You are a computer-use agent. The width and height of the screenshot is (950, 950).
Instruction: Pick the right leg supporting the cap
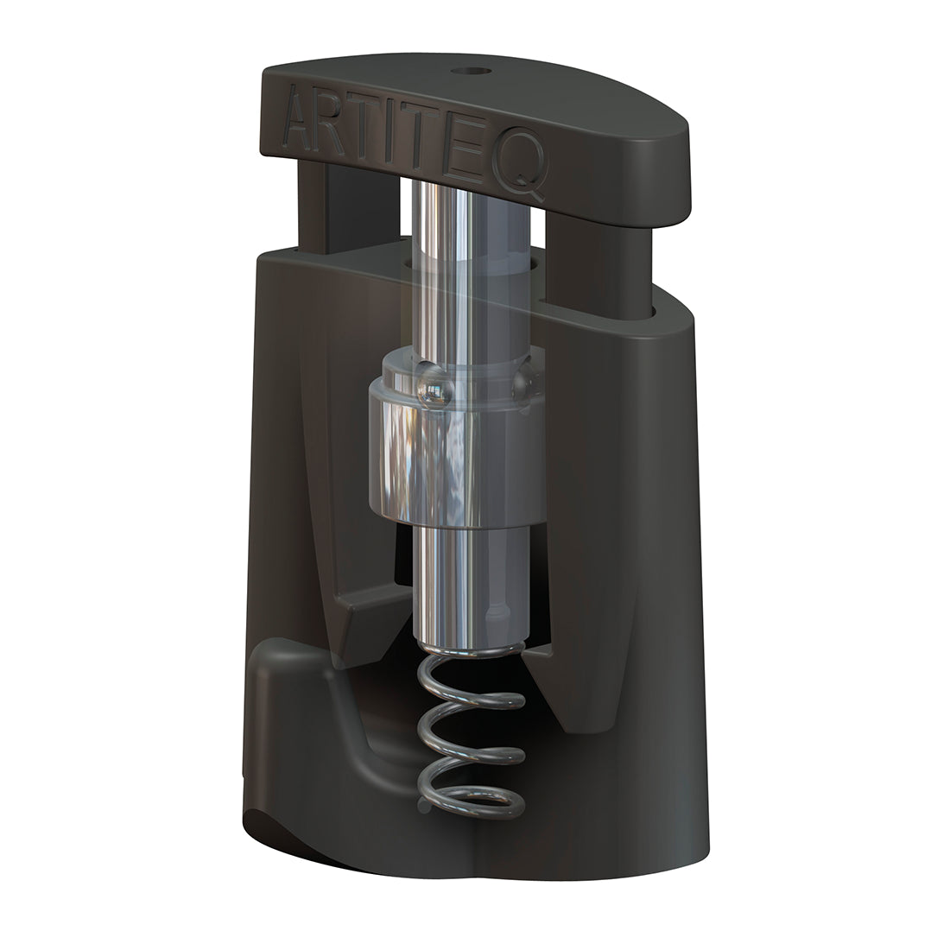(x=596, y=259)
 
